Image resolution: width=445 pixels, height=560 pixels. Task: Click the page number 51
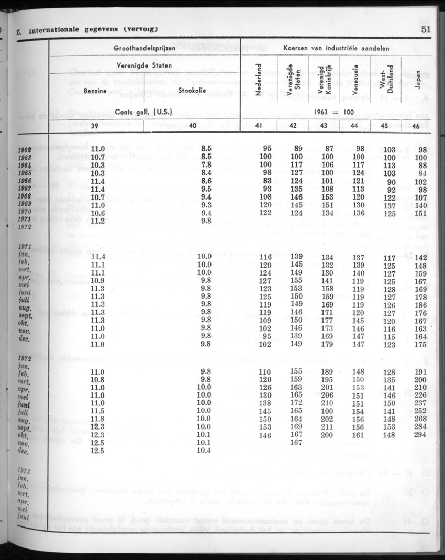(425, 30)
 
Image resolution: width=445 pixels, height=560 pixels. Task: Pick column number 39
(95, 125)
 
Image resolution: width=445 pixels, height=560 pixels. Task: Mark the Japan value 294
(418, 435)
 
